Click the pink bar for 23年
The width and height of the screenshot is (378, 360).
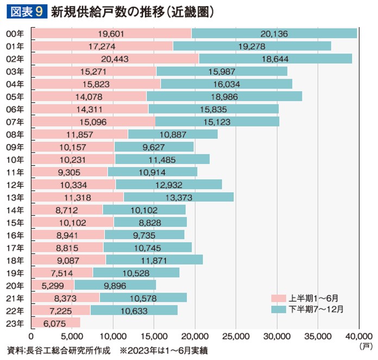coord(55,323)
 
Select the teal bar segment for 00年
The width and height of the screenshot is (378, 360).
coord(274,34)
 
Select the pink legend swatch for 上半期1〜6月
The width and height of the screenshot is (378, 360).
coord(279,298)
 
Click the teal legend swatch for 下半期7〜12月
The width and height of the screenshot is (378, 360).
coord(279,308)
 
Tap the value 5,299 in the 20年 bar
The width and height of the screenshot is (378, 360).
coord(53,285)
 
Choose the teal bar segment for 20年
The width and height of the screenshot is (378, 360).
coord(115,285)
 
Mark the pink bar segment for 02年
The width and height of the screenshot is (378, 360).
coord(115,59)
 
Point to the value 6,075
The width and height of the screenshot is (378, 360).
coord(55,323)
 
